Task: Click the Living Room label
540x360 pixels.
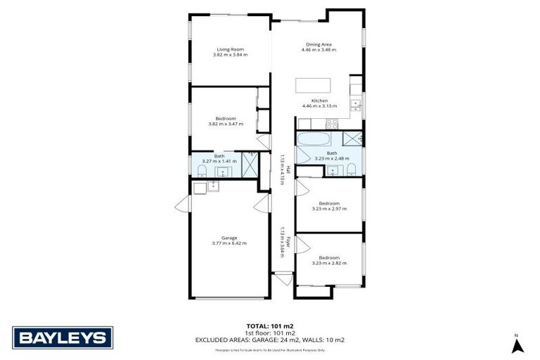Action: point(229,50)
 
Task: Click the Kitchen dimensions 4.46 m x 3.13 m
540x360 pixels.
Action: point(319,105)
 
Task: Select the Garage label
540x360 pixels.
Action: point(229,239)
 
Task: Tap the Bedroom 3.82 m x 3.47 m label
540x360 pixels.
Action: point(226,121)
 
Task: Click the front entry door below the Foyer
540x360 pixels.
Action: point(284,279)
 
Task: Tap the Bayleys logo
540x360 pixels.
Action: point(63,337)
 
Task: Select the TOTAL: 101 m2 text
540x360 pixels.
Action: point(269,326)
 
